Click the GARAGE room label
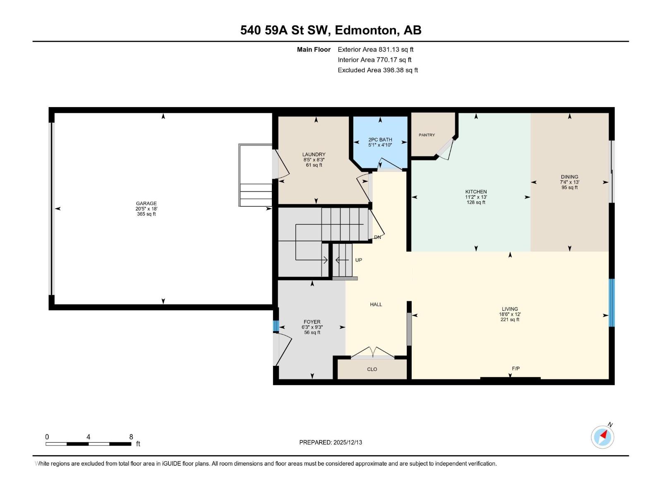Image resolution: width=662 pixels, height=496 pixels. (146, 203)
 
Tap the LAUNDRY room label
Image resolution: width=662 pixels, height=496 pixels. (314, 154)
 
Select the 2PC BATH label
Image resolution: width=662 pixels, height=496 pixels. (380, 140)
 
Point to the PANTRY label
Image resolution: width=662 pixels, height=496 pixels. (427, 135)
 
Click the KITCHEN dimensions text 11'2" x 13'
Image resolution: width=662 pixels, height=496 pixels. (476, 197)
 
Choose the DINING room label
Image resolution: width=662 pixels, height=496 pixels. (569, 177)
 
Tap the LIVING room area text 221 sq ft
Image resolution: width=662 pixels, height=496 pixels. (510, 320)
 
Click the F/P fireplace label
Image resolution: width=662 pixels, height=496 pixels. (516, 368)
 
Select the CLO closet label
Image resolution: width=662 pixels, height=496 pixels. (372, 369)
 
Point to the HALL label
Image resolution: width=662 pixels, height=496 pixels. (376, 304)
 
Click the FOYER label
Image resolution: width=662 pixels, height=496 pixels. (312, 322)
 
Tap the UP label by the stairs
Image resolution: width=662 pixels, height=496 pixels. (358, 260)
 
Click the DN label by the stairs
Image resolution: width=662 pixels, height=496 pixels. (377, 237)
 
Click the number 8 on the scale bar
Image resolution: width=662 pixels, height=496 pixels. (131, 437)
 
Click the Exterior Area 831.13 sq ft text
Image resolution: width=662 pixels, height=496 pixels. (375, 50)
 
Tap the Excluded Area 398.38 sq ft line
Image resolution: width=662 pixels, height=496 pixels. (377, 70)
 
